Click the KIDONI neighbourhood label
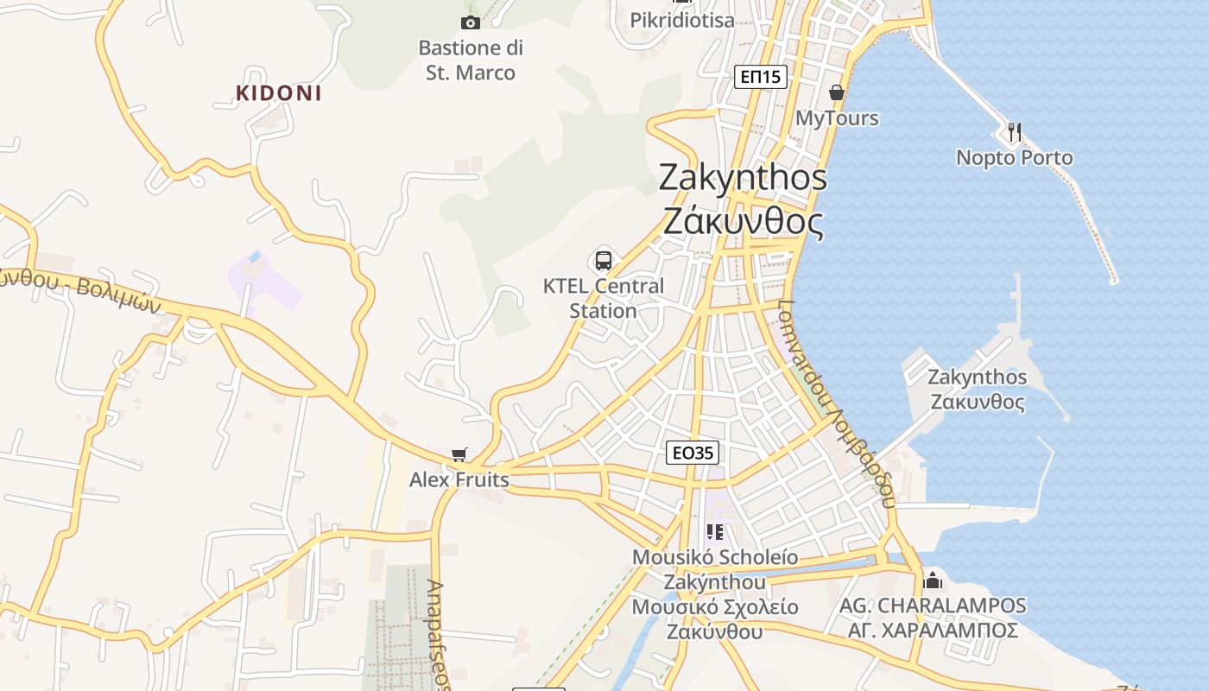click(x=278, y=93)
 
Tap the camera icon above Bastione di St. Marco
click(x=471, y=22)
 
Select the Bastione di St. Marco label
click(x=471, y=60)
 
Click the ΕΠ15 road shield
click(x=761, y=77)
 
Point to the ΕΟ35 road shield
click(x=693, y=453)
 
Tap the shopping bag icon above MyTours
click(x=836, y=92)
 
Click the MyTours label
click(x=836, y=117)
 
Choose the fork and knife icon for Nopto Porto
click(x=1015, y=132)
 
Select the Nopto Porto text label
click(x=1015, y=157)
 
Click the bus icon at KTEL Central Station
click(x=604, y=260)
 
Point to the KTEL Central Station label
click(x=604, y=298)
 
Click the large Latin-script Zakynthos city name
click(x=743, y=177)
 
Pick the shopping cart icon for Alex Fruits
click(x=459, y=454)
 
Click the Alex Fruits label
click(x=459, y=479)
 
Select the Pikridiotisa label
click(x=682, y=20)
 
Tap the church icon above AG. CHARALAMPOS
click(x=933, y=580)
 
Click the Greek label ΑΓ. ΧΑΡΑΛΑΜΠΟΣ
click(x=933, y=631)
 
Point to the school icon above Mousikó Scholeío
click(x=714, y=532)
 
